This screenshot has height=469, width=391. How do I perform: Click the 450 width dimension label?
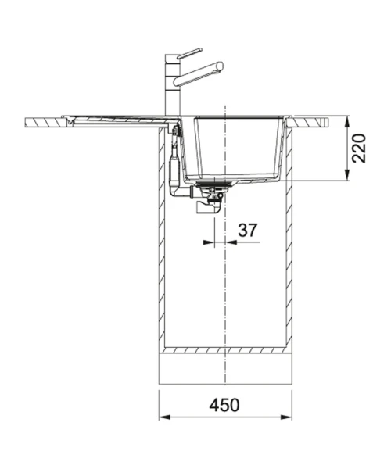tap(224, 405)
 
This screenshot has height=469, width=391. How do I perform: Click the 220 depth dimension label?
tap(359, 149)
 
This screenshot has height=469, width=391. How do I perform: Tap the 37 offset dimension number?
tap(247, 230)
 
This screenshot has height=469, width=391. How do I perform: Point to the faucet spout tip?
tap(221, 66)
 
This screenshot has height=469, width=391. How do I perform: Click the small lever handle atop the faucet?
tap(190, 53)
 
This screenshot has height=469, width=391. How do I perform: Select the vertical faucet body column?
tap(173, 85)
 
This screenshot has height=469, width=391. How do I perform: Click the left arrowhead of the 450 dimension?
tap(164, 417)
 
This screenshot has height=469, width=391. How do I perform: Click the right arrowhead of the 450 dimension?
tap(286, 417)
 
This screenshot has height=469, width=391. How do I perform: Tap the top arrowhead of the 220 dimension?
tap(347, 121)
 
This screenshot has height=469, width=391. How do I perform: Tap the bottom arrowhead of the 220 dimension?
tap(347, 175)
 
